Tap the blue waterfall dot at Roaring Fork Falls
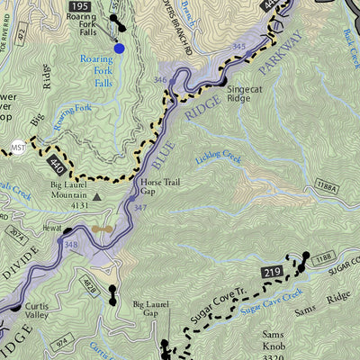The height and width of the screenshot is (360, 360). click(120, 48)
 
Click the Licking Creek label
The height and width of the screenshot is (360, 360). click(219, 158)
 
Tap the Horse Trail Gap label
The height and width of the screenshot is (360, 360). click(162, 186)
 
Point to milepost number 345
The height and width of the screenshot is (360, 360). click(238, 46)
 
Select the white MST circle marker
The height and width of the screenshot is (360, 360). click(18, 147)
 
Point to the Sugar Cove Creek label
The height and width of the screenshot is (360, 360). click(271, 302)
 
